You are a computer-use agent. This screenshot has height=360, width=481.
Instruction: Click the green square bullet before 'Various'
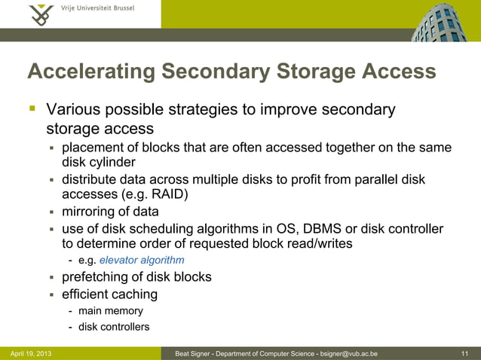point(32,110)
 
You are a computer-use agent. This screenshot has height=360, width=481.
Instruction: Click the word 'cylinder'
point(115,162)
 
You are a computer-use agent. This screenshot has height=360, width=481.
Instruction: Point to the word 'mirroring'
point(88,212)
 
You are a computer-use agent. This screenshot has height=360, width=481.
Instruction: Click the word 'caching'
point(132,294)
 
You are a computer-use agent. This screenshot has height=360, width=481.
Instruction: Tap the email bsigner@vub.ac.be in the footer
point(348,352)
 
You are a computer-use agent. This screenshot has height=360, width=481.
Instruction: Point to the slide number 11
point(464,352)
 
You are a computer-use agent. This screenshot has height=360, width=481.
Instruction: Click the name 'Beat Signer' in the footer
point(194,352)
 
